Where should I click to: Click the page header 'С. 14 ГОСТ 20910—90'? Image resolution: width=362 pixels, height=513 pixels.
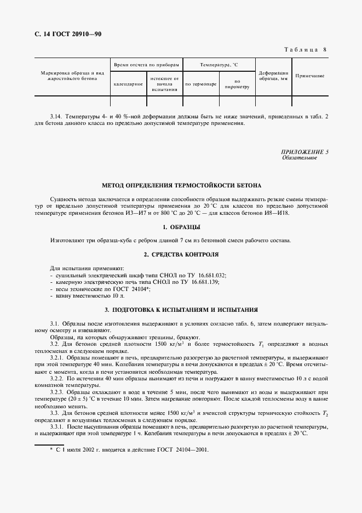(x=65, y=35)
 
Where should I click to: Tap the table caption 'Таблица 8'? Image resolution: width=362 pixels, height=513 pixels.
(x=306, y=50)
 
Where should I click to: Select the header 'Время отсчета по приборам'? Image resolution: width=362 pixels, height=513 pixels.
(x=146, y=65)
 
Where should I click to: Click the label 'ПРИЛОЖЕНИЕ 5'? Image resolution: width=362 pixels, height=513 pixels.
(x=305, y=152)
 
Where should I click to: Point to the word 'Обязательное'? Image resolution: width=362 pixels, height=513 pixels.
(x=300, y=158)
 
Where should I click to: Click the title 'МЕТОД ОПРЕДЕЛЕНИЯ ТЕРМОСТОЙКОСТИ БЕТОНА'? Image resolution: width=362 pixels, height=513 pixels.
(x=181, y=186)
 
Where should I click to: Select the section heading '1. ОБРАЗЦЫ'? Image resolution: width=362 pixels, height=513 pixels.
(x=181, y=227)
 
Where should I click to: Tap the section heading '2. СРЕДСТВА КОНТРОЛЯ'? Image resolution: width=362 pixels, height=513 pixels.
(x=181, y=255)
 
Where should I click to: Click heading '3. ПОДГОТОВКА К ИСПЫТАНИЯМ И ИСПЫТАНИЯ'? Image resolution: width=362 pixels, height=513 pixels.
(x=181, y=310)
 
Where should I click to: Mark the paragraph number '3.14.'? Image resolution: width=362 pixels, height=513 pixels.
(x=56, y=117)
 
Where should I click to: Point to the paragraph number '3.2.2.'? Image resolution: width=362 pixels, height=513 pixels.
(x=58, y=379)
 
